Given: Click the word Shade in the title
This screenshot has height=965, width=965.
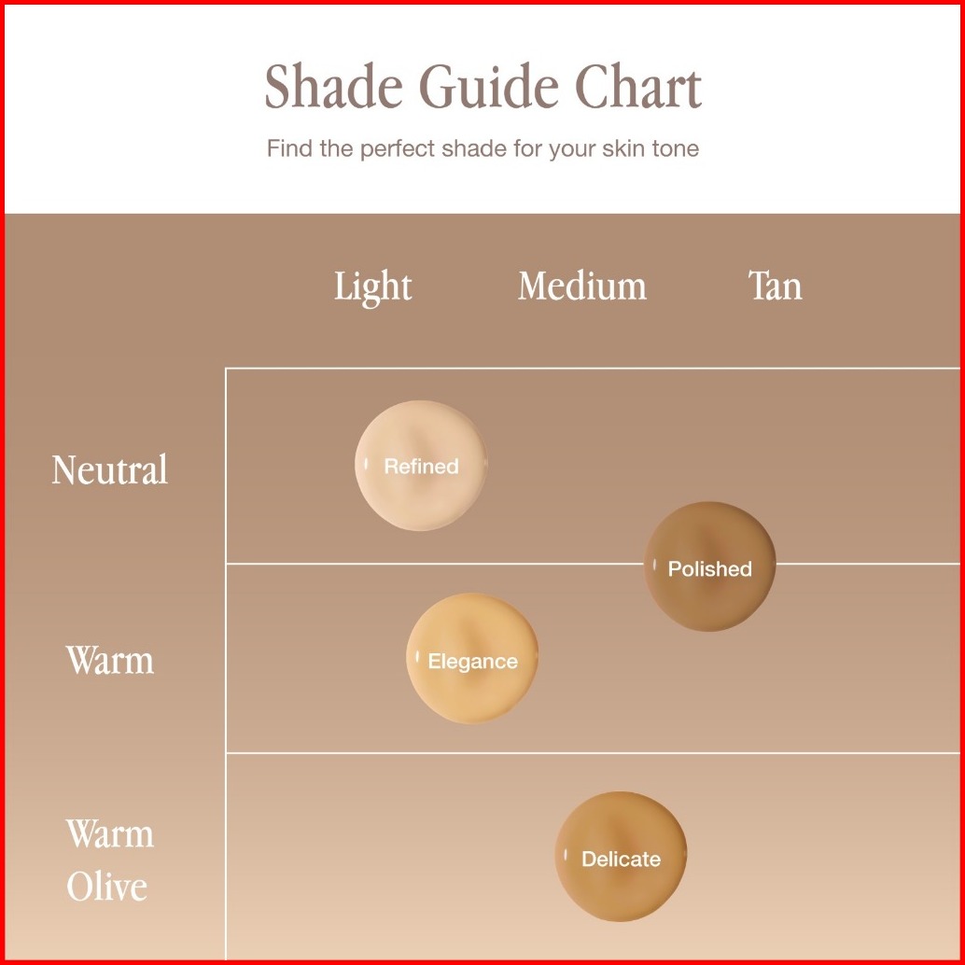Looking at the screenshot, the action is pyautogui.click(x=333, y=86).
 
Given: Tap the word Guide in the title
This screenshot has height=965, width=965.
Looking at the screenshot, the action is pyautogui.click(x=489, y=86).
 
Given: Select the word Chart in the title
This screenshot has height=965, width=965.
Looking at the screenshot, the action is pyautogui.click(x=638, y=86).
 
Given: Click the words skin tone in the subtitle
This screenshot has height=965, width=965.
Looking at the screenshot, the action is pyautogui.click(x=650, y=148).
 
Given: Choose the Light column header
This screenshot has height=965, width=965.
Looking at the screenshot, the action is pyautogui.click(x=373, y=287).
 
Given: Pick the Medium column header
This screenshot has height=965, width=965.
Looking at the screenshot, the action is pyautogui.click(x=582, y=287).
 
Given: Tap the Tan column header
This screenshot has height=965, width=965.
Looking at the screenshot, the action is pyautogui.click(x=776, y=286).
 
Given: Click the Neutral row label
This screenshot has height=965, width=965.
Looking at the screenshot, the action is pyautogui.click(x=109, y=469).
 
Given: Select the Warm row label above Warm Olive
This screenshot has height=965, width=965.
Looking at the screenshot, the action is pyautogui.click(x=109, y=661).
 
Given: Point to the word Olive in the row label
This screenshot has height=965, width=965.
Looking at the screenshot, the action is pyautogui.click(x=107, y=887).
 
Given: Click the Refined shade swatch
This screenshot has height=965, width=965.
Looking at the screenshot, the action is pyautogui.click(x=420, y=466).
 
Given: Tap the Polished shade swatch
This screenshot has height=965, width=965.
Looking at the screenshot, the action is pyautogui.click(x=709, y=566).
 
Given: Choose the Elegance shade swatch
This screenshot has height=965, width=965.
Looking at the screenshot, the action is pyautogui.click(x=472, y=658).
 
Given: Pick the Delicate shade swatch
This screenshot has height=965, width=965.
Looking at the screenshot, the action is pyautogui.click(x=621, y=856).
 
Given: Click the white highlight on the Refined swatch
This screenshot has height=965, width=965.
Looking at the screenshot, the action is pyautogui.click(x=366, y=464).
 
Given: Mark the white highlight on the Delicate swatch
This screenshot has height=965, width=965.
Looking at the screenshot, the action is pyautogui.click(x=566, y=855).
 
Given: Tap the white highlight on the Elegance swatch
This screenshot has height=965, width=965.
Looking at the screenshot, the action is pyautogui.click(x=417, y=657).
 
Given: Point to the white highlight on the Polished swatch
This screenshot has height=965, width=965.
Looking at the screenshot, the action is pyautogui.click(x=654, y=565).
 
